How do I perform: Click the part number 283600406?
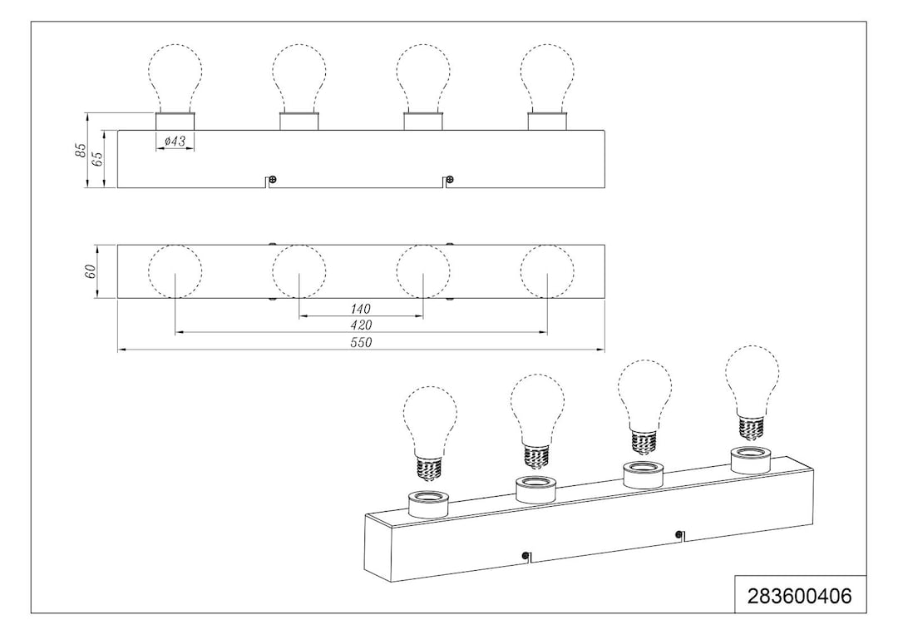coord(800,596)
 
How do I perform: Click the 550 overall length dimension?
coord(361,342)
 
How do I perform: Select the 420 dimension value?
coord(361,325)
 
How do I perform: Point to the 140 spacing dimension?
coord(361,309)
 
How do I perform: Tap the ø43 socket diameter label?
coord(175,141)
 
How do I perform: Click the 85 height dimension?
coord(81,150)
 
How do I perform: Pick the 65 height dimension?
coord(97,158)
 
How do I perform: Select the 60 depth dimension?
coord(90,272)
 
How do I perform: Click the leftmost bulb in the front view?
coord(175,78)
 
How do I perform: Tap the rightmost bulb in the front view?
coord(547,78)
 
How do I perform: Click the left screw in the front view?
coord(274,180)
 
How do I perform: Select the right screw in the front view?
coord(451,180)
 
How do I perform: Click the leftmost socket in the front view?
coord(175,122)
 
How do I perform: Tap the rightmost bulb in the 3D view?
coord(752,392)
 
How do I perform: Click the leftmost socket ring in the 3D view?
coord(427,504)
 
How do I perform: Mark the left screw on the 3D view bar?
coord(525,555)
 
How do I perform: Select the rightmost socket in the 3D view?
coord(751,461)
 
